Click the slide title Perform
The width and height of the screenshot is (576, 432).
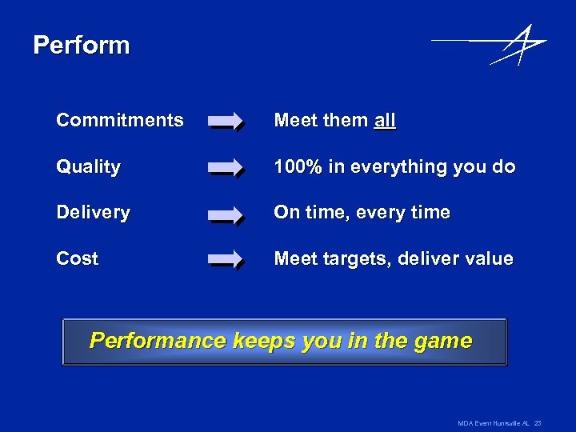click(x=81, y=45)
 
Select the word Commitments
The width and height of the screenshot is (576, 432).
click(x=119, y=120)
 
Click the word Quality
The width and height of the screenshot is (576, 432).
click(x=88, y=167)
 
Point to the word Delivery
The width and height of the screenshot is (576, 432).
click(x=93, y=213)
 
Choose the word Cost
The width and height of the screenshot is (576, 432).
click(x=77, y=258)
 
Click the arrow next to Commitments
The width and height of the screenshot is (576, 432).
click(x=226, y=122)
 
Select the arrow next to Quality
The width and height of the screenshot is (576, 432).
click(x=226, y=168)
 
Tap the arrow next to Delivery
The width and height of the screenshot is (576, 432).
click(x=226, y=214)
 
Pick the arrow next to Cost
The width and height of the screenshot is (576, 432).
click(x=226, y=260)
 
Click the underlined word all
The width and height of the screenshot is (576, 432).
click(x=385, y=121)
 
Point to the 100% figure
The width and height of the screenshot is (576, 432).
click(x=298, y=167)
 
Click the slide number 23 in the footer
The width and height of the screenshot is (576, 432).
click(x=538, y=422)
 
